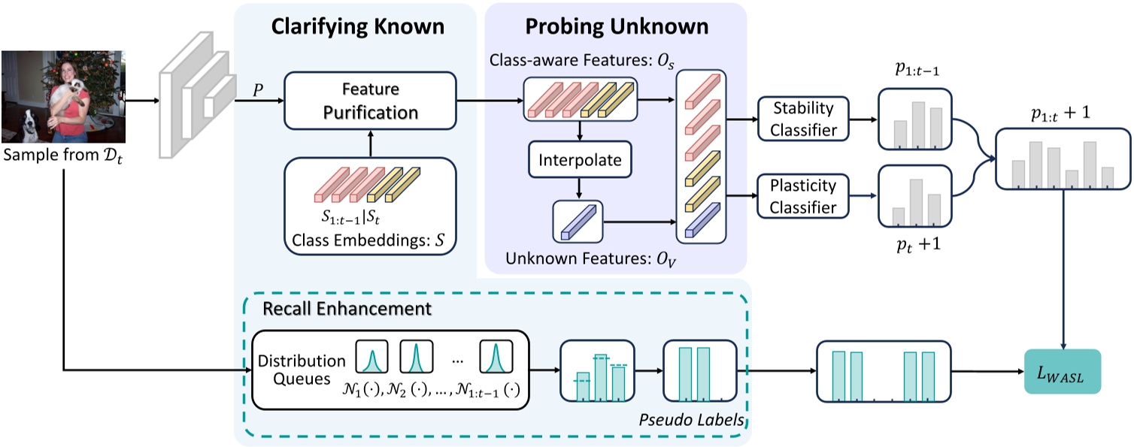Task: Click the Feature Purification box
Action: click(x=371, y=101)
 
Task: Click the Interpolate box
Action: click(x=580, y=160)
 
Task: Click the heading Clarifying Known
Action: click(x=357, y=27)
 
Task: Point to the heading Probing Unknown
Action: click(x=617, y=27)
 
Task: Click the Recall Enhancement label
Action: click(x=347, y=308)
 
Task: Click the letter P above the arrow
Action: click(x=258, y=89)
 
